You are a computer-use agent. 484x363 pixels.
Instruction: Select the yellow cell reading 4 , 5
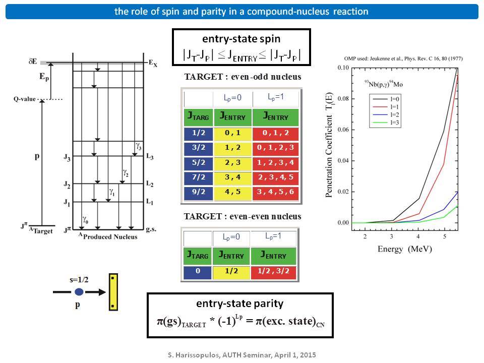tap(233, 192)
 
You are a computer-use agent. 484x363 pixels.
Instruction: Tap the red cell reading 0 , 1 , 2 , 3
tap(276, 148)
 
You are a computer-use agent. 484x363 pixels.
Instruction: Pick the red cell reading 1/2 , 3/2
tap(273, 272)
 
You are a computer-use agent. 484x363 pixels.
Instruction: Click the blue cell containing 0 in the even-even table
tap(198, 272)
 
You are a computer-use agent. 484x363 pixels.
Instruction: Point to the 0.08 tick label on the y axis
tap(343, 99)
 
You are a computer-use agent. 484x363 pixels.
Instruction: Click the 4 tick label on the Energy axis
tap(418, 236)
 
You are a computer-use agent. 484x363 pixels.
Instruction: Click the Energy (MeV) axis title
tap(405, 249)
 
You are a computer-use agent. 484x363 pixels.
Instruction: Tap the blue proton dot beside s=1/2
tap(79, 292)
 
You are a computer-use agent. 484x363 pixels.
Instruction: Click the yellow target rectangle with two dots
tap(113, 292)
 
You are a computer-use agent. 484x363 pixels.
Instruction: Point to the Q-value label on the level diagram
tap(24, 99)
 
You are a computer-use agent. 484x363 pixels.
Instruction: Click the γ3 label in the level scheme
tap(139, 146)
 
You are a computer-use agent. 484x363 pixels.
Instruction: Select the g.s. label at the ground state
tap(151, 229)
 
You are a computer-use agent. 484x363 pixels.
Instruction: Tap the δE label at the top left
tap(33, 62)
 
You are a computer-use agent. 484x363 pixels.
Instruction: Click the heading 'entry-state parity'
tap(240, 304)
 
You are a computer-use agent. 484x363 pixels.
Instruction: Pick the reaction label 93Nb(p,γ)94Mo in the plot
tap(383, 84)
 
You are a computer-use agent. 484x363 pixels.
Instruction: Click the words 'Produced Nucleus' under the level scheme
tap(110, 237)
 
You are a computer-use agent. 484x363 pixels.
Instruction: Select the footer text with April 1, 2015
tap(242, 355)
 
